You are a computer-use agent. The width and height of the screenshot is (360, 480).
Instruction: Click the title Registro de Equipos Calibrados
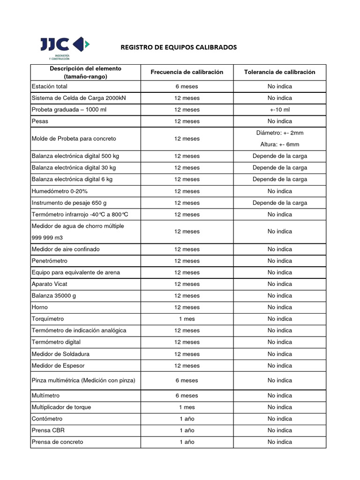[179, 47]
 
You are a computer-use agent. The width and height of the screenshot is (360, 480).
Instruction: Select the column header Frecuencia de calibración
[187, 72]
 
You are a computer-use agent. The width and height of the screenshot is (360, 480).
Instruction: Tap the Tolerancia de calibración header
[279, 72]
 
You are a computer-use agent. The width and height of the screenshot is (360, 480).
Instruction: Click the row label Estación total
[49, 86]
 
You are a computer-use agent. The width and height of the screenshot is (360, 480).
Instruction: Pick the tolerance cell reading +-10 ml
[279, 110]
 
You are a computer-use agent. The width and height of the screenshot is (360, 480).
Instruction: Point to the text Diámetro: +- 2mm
[279, 133]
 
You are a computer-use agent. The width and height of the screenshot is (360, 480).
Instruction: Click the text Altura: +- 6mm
[279, 144]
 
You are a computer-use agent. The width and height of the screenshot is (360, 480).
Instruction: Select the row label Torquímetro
[46, 319]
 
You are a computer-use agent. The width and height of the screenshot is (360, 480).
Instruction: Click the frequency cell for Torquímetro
[187, 319]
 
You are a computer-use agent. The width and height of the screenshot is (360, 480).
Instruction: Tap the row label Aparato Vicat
[50, 284]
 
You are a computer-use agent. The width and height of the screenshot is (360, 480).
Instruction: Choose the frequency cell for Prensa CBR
[187, 430]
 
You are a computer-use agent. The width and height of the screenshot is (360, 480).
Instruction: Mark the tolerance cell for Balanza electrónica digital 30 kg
[279, 168]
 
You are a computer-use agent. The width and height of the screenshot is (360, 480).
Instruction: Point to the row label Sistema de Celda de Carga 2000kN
[79, 98]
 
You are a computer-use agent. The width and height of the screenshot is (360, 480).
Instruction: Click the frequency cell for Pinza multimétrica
[187, 381]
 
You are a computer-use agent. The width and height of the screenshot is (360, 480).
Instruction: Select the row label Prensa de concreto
[57, 442]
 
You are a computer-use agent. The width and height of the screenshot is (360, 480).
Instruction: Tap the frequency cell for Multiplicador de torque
[187, 407]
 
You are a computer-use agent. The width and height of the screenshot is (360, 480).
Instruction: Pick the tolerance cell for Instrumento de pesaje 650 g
[279, 203]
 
